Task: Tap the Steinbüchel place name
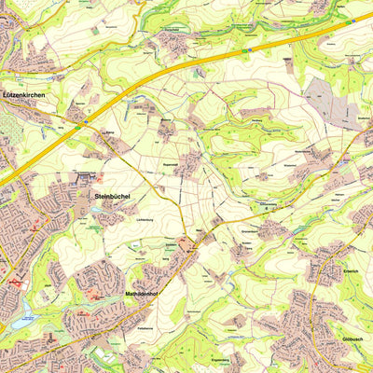pos(113,196)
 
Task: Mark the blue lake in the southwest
pos(21,317)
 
